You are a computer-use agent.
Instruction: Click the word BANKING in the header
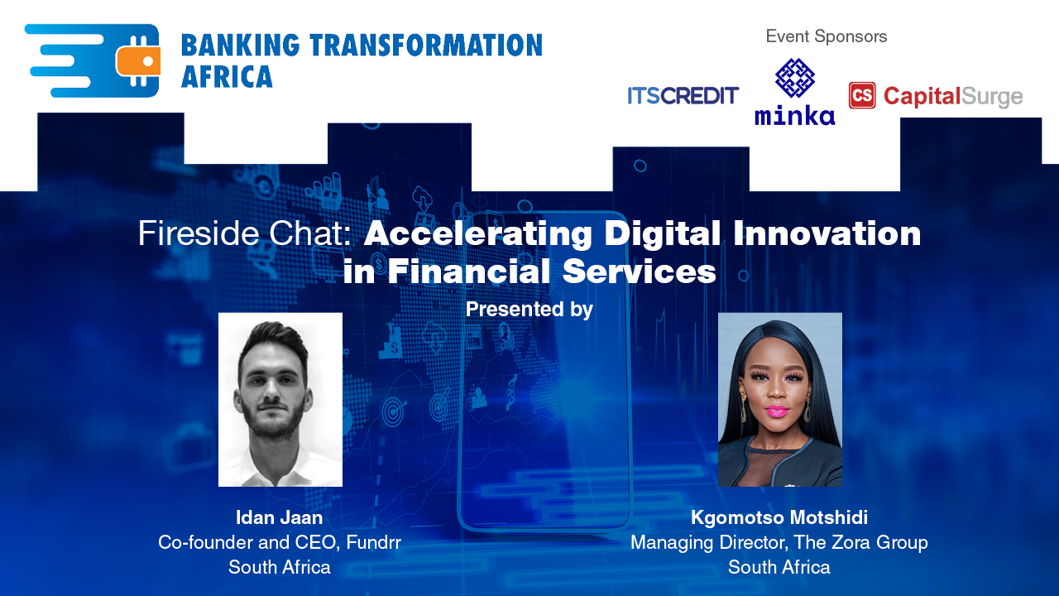(237, 46)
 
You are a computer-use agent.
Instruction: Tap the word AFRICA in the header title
(227, 77)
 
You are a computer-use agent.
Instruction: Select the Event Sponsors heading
(826, 36)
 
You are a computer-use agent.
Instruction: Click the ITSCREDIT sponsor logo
(683, 96)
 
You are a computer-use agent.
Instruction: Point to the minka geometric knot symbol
(794, 79)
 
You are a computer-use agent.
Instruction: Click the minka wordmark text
(794, 114)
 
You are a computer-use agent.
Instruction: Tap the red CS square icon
(862, 95)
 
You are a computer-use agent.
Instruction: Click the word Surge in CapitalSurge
(992, 97)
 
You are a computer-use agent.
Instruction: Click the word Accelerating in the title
(479, 234)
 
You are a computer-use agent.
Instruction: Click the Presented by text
(529, 310)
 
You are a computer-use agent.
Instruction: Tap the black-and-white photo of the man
(280, 399)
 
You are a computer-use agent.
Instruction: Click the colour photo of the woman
(779, 399)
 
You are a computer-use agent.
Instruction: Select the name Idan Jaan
(279, 518)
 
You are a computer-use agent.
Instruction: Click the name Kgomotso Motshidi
(779, 518)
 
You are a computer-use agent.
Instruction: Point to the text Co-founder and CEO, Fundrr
(279, 543)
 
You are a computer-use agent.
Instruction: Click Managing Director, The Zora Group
(779, 543)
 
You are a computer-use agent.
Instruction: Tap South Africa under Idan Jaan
(279, 568)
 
